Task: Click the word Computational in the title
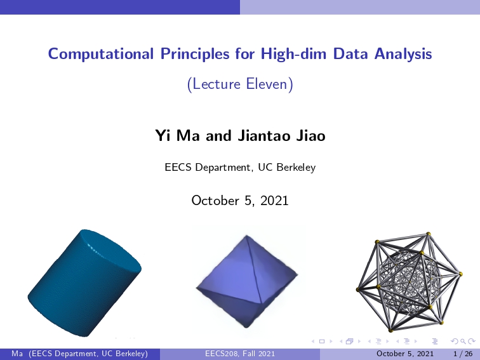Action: click(101, 53)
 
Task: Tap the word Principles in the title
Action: click(195, 54)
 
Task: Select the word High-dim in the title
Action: click(293, 53)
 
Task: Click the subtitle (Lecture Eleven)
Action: click(240, 84)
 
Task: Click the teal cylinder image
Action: click(84, 283)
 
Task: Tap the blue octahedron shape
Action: click(247, 281)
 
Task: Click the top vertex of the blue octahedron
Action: click(247, 236)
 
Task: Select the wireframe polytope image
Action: click(409, 282)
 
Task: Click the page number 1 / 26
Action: click(463, 354)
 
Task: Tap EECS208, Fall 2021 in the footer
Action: click(240, 354)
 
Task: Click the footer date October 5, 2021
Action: click(404, 354)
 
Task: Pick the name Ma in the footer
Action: click(17, 354)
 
